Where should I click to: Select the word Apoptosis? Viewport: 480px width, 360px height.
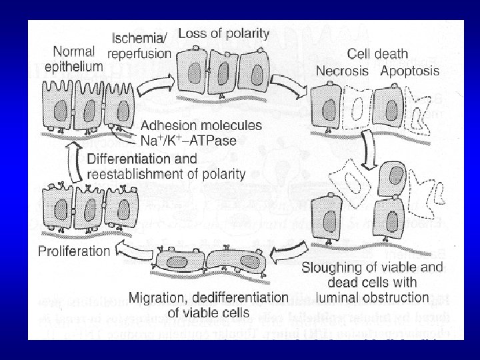(x=409, y=70)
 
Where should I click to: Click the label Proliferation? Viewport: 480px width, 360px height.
(x=73, y=251)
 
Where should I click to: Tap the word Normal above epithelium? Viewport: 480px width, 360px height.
(x=73, y=51)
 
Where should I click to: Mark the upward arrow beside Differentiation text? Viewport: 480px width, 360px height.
(x=75, y=164)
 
